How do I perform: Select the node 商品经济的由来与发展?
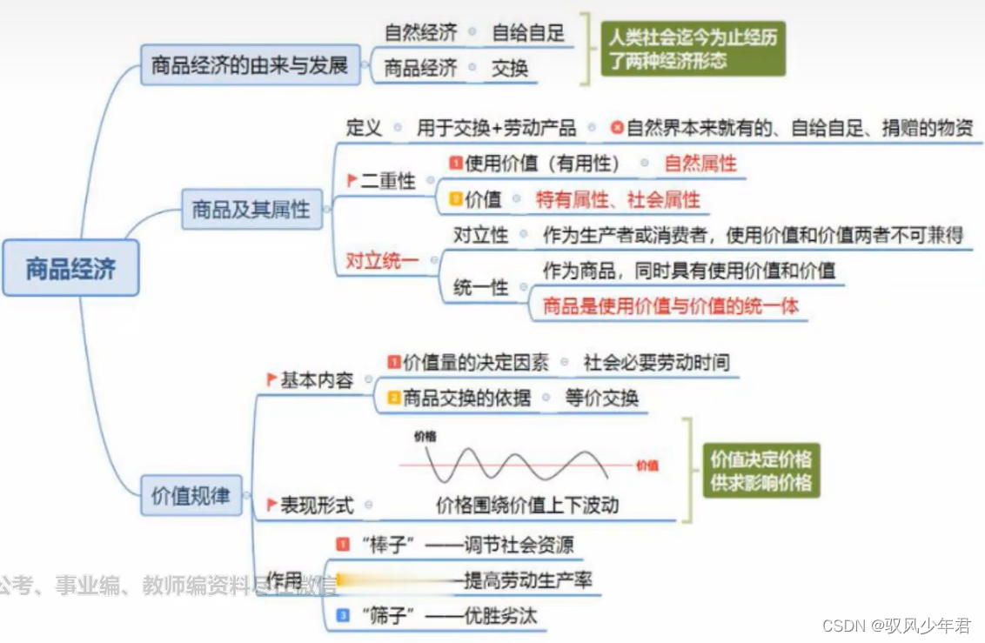coord(250,65)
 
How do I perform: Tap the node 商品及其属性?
coord(251,209)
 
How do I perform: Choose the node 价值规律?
coord(191,496)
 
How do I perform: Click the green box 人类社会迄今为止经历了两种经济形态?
coord(693,49)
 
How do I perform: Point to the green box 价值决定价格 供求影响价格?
coord(761,471)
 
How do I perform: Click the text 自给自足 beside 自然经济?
coord(528,33)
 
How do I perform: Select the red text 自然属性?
coord(700,163)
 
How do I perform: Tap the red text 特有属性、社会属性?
coord(618,199)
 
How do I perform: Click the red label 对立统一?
coord(382,260)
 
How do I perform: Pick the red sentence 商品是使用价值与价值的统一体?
coord(670,305)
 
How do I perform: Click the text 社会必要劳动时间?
coord(657,362)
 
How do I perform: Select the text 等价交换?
coord(602,398)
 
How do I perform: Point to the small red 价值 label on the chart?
coord(647,466)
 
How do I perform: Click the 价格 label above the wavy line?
coord(425,436)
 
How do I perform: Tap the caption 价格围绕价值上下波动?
coord(527,505)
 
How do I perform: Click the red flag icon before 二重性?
coord(352,180)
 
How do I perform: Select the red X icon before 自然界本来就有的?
coord(617,128)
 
